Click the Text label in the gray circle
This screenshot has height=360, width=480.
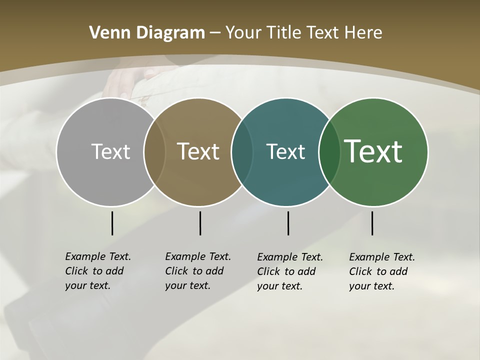pyautogui.click(x=110, y=151)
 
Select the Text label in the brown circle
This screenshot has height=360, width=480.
pyautogui.click(x=198, y=151)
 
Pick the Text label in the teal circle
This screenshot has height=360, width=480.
pyautogui.click(x=285, y=151)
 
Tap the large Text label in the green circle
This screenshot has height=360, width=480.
pyautogui.click(x=373, y=151)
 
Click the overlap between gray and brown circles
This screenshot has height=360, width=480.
pyautogui.click(x=154, y=151)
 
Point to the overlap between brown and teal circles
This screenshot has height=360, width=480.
pyautogui.click(x=242, y=151)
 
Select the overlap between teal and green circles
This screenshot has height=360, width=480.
pyautogui.click(x=329, y=151)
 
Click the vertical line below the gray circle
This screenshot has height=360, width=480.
pyautogui.click(x=112, y=223)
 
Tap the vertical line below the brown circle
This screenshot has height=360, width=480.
pyautogui.click(x=200, y=223)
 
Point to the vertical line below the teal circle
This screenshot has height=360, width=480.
pyautogui.click(x=288, y=223)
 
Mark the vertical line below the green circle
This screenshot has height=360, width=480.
pyautogui.click(x=372, y=223)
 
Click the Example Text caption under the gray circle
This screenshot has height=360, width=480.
pyautogui.click(x=98, y=271)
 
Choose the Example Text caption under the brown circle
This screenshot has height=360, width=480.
pyautogui.click(x=198, y=271)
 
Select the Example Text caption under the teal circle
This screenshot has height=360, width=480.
pyautogui.click(x=290, y=271)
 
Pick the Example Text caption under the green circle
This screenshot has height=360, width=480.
pyautogui.click(x=382, y=271)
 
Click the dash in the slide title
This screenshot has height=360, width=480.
pyautogui.click(x=215, y=33)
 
